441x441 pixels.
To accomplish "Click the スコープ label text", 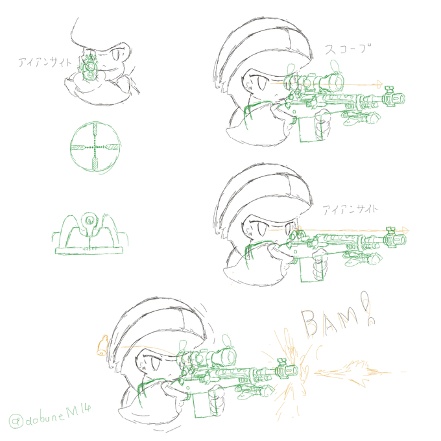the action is [348, 49].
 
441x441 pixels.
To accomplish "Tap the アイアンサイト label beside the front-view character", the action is [45, 62].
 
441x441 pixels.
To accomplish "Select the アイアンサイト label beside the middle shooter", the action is [350, 209].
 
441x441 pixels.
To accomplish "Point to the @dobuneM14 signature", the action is [50, 418].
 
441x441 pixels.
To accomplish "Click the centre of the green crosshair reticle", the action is [95, 147].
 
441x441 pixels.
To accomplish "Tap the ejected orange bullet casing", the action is [102, 345].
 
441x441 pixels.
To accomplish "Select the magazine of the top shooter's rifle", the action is [309, 128].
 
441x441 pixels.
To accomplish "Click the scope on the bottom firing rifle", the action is [208, 357].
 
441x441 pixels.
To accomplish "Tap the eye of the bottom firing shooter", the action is [156, 363].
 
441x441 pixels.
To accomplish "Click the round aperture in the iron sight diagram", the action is [89, 219].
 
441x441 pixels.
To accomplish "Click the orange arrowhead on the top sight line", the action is [379, 84].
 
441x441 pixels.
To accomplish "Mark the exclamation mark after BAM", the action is [367, 307].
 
